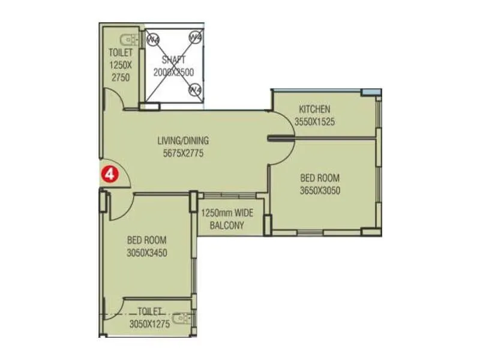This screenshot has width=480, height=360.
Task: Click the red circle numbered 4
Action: pyautogui.click(x=110, y=174)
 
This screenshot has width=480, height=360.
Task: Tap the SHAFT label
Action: pyautogui.click(x=173, y=60)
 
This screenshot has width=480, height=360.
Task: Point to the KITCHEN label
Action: pyautogui.click(x=314, y=109)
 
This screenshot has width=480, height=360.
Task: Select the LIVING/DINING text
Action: pyautogui.click(x=183, y=141)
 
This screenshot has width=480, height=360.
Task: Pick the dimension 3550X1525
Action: pyautogui.click(x=314, y=121)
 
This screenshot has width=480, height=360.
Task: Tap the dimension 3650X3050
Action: pyautogui.click(x=320, y=190)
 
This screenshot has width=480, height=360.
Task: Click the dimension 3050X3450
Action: pyautogui.click(x=147, y=253)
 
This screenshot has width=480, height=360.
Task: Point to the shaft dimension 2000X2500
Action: pyautogui.click(x=173, y=71)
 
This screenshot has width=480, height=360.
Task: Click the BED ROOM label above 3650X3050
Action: pyautogui.click(x=320, y=178)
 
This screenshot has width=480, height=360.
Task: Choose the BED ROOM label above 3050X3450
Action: pyautogui.click(x=147, y=241)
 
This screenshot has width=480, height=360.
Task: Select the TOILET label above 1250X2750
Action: pyautogui.click(x=121, y=53)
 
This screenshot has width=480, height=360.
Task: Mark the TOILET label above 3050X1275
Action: pyautogui.click(x=149, y=311)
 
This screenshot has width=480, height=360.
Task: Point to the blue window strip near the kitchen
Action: pyautogui.click(x=371, y=92)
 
